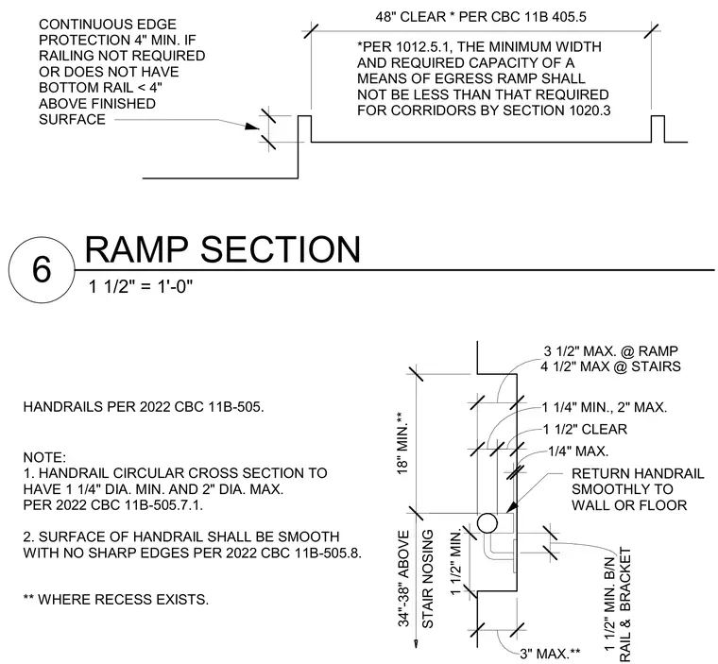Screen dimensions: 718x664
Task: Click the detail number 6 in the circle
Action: pos(42,269)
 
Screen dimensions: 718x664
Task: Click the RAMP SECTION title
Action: pos(223,249)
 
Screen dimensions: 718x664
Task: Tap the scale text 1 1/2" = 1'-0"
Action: pos(141,287)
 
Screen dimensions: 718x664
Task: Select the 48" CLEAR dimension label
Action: pos(411,17)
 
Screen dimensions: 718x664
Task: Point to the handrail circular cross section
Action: pos(487,522)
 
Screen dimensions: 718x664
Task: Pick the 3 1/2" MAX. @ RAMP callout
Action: pos(610,351)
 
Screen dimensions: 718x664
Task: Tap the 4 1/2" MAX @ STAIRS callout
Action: pos(610,366)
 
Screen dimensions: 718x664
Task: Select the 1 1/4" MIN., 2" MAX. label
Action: pos(605,407)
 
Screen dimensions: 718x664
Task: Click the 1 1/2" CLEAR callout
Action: pos(585,429)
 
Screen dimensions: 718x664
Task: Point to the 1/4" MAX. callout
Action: pos(578,451)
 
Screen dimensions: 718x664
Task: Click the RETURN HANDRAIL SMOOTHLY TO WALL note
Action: pos(638,489)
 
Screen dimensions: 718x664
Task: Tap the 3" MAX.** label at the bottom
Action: pos(550,654)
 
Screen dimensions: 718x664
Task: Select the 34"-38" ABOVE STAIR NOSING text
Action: pos(416,579)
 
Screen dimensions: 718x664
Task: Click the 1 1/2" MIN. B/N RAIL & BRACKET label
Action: pos(618,604)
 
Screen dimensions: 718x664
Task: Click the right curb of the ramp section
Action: pos(658,128)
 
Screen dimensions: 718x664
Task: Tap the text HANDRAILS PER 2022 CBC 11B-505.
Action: pos(144,407)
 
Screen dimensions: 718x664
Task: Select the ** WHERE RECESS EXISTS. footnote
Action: pos(116,600)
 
